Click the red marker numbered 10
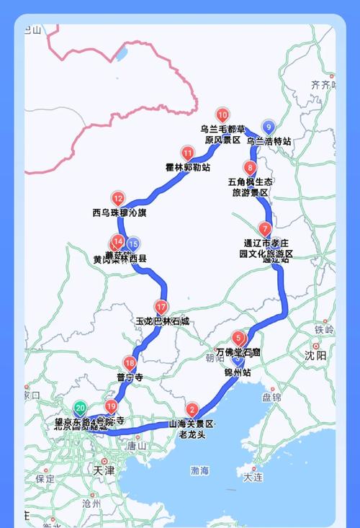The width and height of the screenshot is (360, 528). click(222, 115)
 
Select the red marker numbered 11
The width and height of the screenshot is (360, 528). click(188, 153)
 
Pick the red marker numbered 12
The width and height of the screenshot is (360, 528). click(118, 199)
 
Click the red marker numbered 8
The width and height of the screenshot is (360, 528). click(251, 168)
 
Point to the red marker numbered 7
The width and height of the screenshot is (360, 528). click(266, 229)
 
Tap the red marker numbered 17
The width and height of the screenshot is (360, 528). click(161, 306)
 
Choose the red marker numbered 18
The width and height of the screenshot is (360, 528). click(130, 363)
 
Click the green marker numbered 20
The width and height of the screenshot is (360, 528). click(80, 407)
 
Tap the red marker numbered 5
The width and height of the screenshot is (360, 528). click(238, 336)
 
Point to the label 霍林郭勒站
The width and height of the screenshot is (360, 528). click(188, 168)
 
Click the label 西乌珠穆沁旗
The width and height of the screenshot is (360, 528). click(120, 213)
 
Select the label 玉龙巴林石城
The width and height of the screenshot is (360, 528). click(162, 321)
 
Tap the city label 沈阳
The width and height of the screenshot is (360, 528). click(315, 355)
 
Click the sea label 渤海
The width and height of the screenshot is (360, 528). click(200, 471)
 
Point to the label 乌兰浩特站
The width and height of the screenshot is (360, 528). click(269, 142)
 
